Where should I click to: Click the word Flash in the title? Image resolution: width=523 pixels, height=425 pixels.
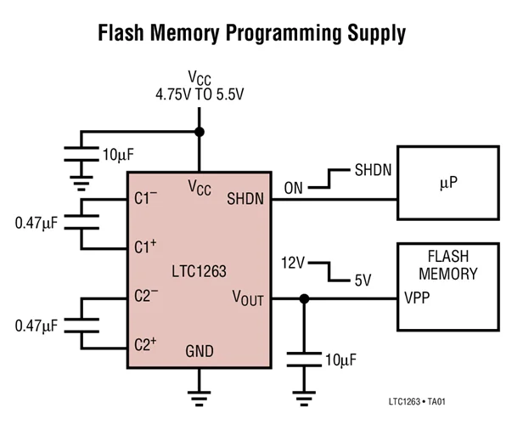[x=121, y=32]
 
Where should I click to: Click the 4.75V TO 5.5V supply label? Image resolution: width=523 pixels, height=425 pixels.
[x=200, y=94]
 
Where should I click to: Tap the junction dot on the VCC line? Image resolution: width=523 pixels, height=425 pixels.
[x=200, y=132]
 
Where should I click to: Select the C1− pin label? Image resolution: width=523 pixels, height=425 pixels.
[x=146, y=198]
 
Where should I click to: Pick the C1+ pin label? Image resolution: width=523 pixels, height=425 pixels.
[x=145, y=246]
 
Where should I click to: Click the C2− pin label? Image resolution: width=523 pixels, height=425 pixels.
[x=146, y=295]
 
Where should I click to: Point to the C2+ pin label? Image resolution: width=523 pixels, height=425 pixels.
[x=145, y=344]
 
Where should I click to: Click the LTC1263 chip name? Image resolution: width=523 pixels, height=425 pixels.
[x=200, y=271]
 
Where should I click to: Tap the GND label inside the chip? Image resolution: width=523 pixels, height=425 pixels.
[x=200, y=351]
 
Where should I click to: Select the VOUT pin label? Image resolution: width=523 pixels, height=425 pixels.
[x=248, y=297]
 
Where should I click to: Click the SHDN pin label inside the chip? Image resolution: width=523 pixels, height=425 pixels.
[x=245, y=199]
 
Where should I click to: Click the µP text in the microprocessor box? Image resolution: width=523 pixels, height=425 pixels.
[x=448, y=183]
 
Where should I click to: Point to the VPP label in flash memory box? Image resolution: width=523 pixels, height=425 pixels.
[x=417, y=297]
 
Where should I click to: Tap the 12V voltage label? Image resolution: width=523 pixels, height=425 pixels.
[x=293, y=263]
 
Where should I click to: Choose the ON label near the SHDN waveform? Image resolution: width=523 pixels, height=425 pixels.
[x=294, y=189]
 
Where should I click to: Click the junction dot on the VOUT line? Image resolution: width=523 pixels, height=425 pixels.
[x=304, y=299]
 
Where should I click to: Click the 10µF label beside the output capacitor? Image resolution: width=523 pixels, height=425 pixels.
[x=341, y=360]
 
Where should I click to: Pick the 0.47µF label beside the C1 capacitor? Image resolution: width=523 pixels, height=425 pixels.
[x=37, y=223]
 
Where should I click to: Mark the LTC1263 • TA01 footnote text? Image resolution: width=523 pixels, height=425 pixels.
[x=417, y=401]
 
